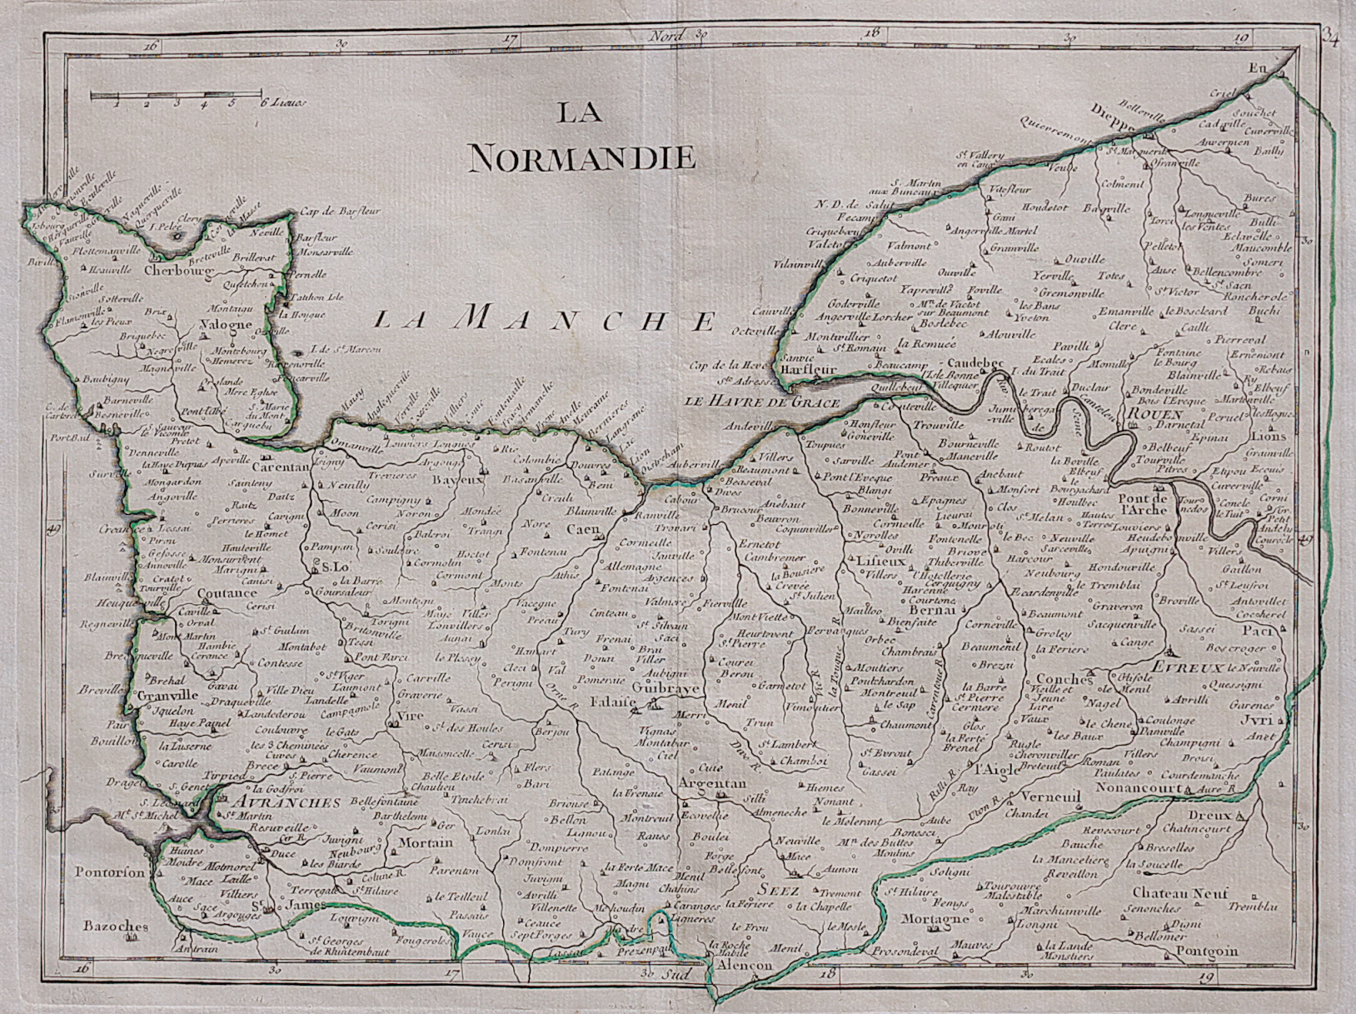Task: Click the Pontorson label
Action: click(x=110, y=872)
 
